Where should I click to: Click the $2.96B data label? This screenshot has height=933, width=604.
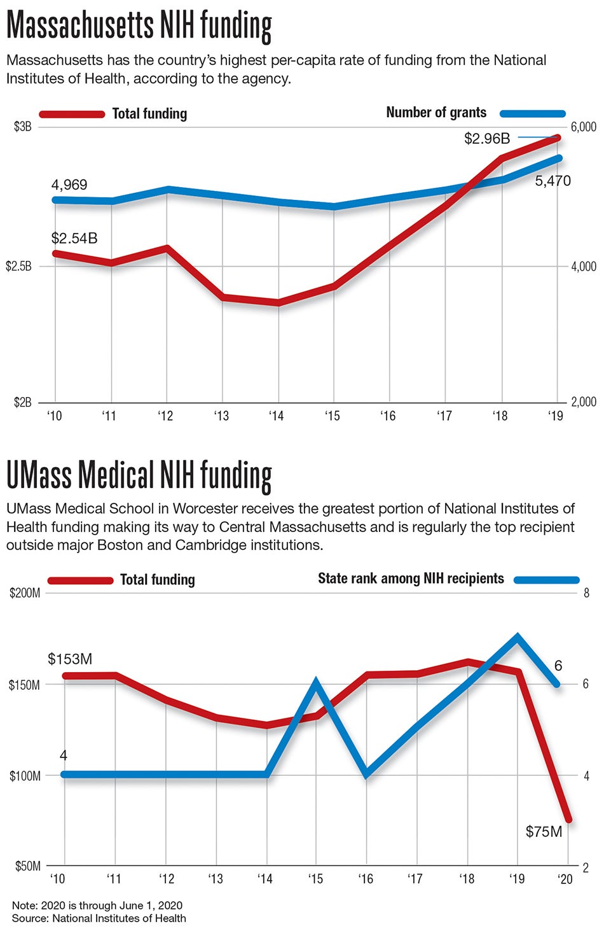point(486,138)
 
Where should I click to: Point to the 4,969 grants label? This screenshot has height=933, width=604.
point(69,185)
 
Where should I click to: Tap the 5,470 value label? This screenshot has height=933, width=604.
point(553,181)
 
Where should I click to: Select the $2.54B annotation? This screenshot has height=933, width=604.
point(74,238)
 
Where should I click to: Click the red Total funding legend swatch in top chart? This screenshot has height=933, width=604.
point(72,115)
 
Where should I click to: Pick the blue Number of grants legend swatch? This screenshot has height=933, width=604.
point(532,114)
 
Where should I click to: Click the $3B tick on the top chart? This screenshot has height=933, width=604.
point(22,127)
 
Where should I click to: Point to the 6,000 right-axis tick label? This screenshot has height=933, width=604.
point(583,127)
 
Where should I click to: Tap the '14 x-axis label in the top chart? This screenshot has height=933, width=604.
point(276,416)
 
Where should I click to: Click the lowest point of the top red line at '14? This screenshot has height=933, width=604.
point(278,302)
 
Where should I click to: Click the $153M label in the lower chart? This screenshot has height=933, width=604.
point(70,659)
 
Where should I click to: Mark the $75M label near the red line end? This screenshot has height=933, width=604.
point(544,831)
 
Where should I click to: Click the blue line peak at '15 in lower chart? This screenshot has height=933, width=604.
point(316,682)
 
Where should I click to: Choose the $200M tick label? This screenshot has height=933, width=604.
point(25,593)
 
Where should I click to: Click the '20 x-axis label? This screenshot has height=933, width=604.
point(565,879)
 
